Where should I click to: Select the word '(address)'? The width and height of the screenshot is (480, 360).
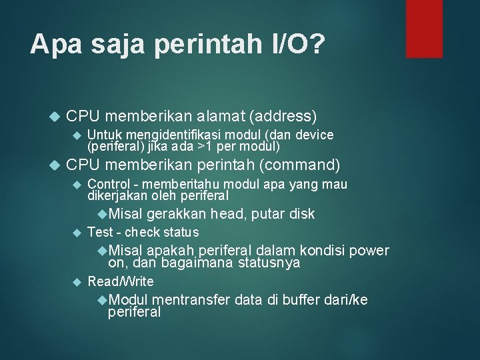click(x=283, y=115)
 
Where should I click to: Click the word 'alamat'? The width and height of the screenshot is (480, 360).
click(x=220, y=115)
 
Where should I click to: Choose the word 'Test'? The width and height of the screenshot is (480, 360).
click(x=100, y=232)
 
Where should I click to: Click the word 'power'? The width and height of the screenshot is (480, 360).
click(x=368, y=251)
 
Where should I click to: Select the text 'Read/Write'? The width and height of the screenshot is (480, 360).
click(x=121, y=281)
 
